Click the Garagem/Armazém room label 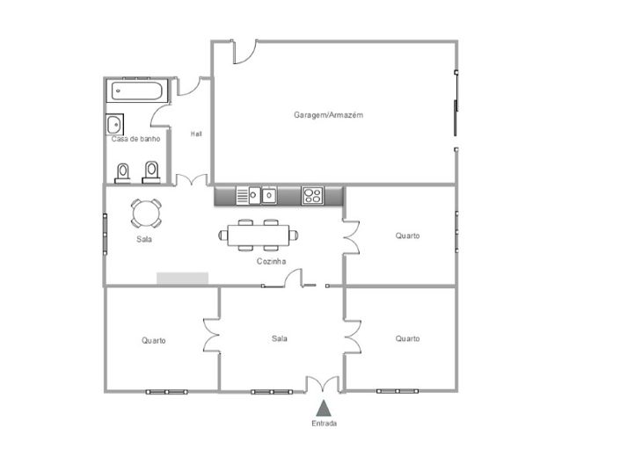(328, 115)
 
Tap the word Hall (196, 134)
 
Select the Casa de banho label (135, 139)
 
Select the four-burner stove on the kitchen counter (312, 195)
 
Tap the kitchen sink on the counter (268, 195)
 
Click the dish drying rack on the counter (243, 196)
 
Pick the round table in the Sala (146, 214)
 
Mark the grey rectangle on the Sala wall (182, 278)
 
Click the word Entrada (323, 423)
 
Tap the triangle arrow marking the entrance (323, 407)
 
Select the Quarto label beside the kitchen (406, 236)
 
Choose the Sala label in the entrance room (280, 338)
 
